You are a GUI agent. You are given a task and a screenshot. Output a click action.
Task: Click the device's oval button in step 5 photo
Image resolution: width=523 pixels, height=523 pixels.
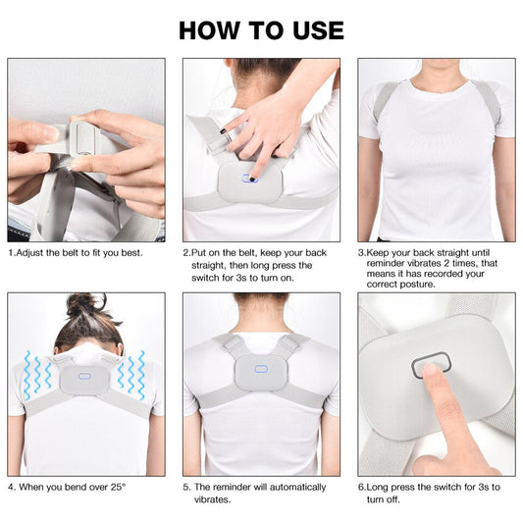pyautogui.click(x=260, y=370)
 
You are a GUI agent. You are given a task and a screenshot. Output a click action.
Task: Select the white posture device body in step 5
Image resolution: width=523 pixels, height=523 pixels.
pyautogui.click(x=261, y=383)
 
